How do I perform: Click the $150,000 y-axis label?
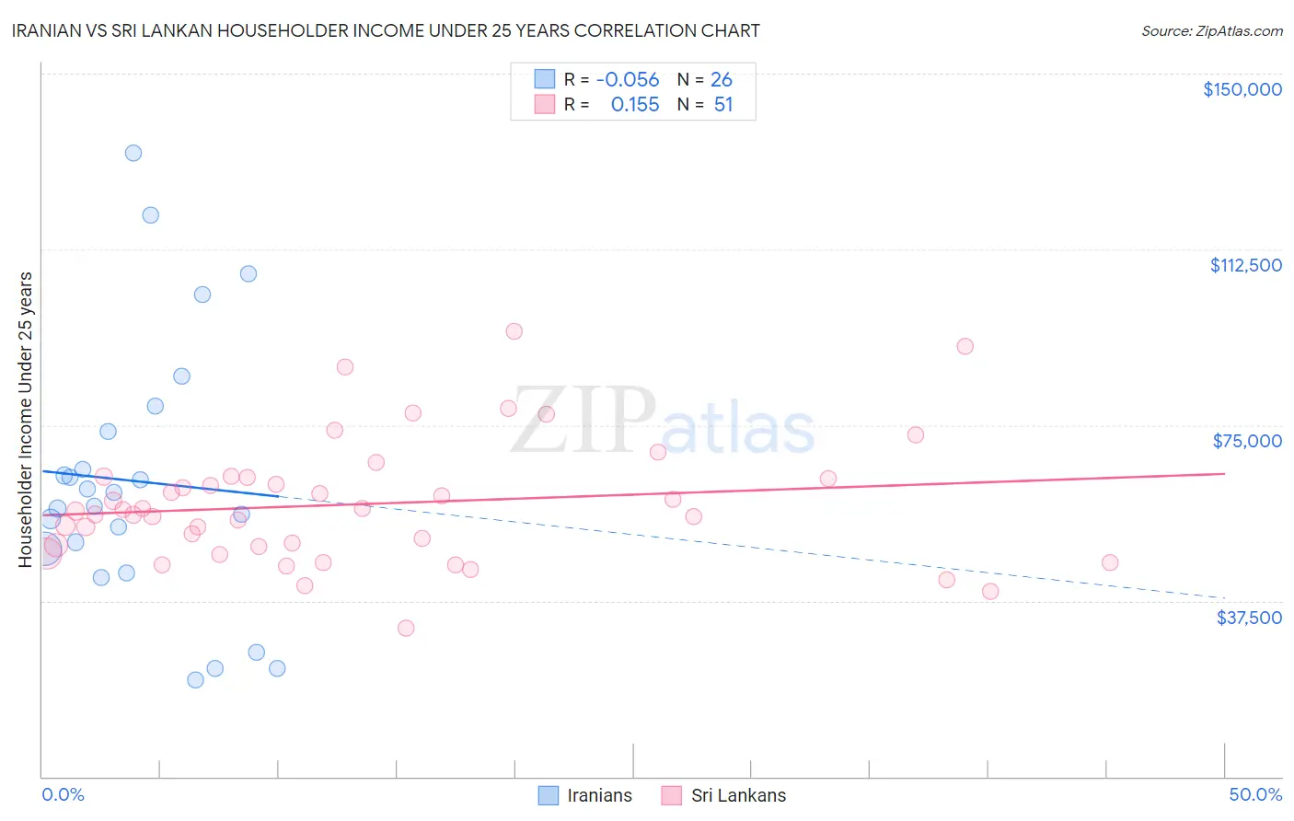click(x=1242, y=89)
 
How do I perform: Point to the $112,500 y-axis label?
click(x=1245, y=265)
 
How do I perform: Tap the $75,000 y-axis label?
click(x=1247, y=441)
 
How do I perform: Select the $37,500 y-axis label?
click(x=1249, y=618)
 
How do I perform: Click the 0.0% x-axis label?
click(x=63, y=794)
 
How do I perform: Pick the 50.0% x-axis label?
click(x=1255, y=794)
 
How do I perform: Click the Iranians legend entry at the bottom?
click(x=599, y=795)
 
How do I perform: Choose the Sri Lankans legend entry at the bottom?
click(x=738, y=795)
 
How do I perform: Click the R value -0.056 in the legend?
click(x=628, y=80)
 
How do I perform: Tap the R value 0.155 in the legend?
click(x=635, y=105)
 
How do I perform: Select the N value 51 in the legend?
click(x=723, y=105)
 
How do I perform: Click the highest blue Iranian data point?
click(x=133, y=153)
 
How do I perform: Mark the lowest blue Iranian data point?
click(x=195, y=680)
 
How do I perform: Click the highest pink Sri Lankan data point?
click(x=514, y=331)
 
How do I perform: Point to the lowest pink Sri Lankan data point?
click(x=406, y=629)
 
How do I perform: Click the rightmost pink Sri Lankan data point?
click(x=1110, y=562)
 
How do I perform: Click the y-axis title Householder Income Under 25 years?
click(x=26, y=419)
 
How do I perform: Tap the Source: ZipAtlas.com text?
click(x=1211, y=31)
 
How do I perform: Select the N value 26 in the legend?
click(x=722, y=80)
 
